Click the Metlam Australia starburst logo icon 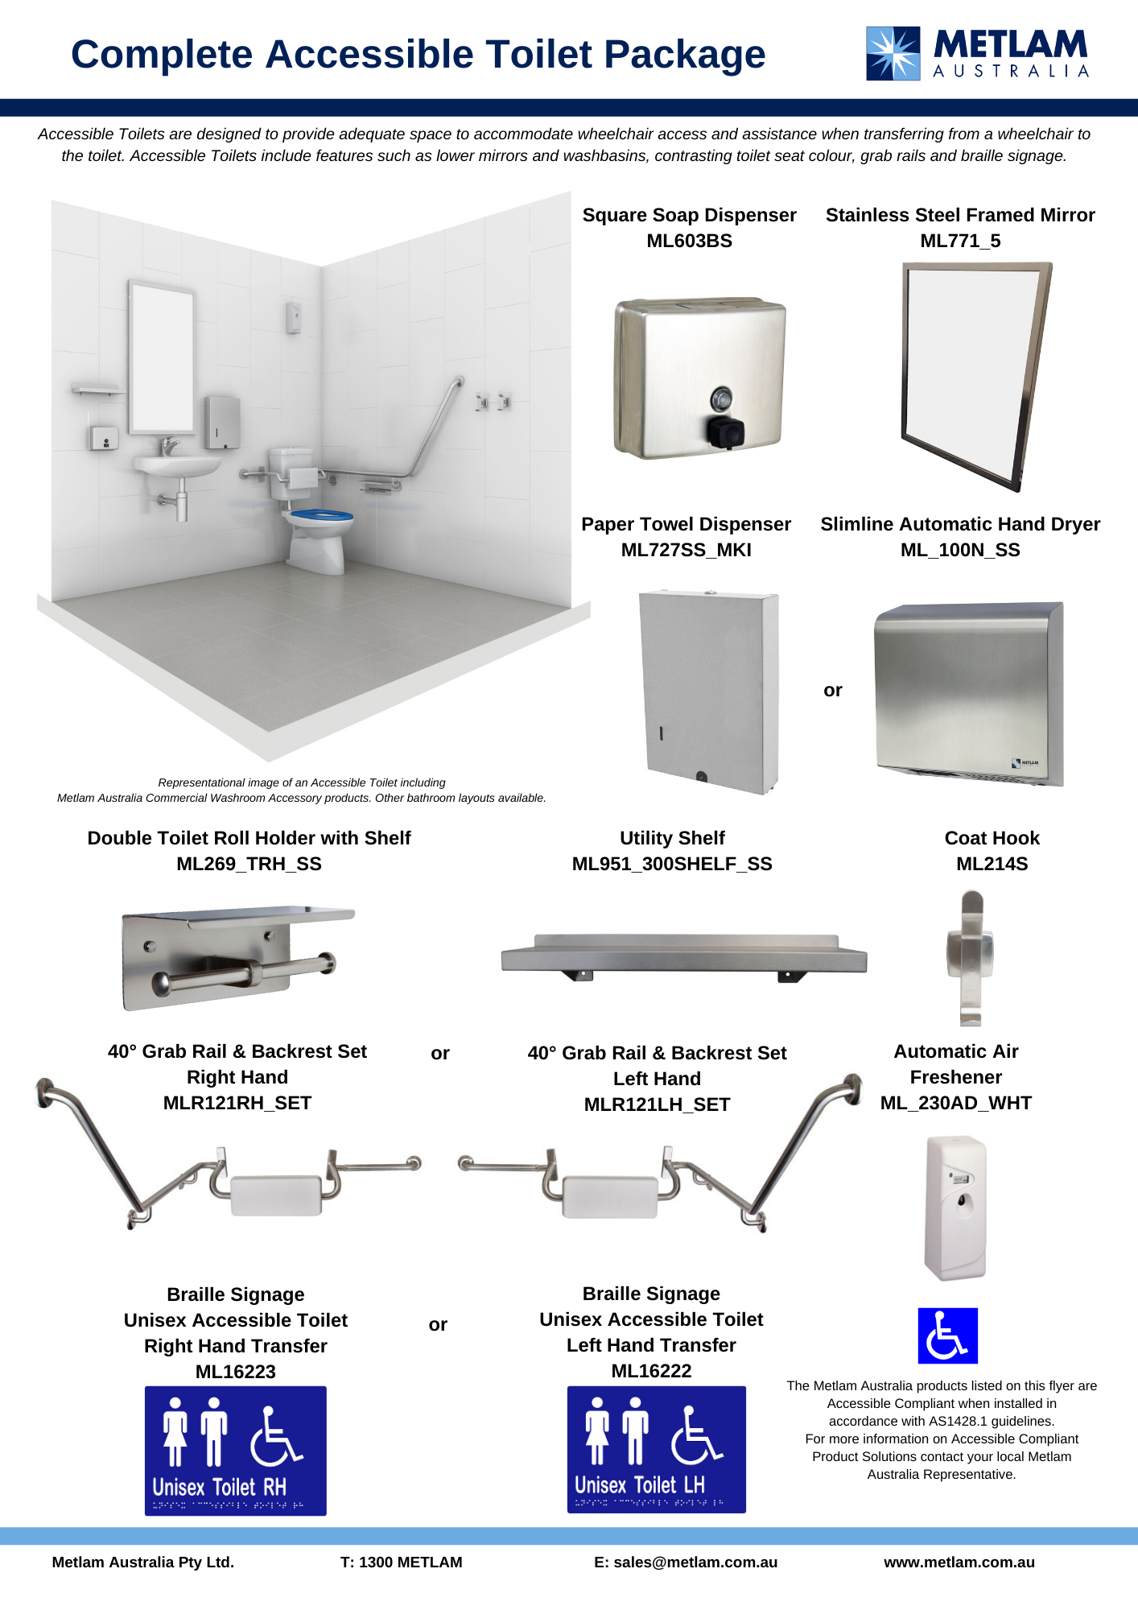tap(893, 53)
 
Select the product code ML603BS tap(690, 241)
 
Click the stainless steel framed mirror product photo tap(976, 376)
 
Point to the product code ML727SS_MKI tap(687, 550)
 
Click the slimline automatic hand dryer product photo tap(969, 693)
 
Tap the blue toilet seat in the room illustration tap(321, 514)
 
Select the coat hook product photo tap(971, 958)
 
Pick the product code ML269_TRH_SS tap(249, 864)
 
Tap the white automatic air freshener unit tap(956, 1207)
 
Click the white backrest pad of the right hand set tap(276, 1195)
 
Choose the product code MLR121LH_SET tap(657, 1104)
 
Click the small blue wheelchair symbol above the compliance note tap(948, 1335)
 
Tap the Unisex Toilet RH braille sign tap(236, 1451)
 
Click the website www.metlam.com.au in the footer tap(959, 1562)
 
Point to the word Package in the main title tap(685, 55)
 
